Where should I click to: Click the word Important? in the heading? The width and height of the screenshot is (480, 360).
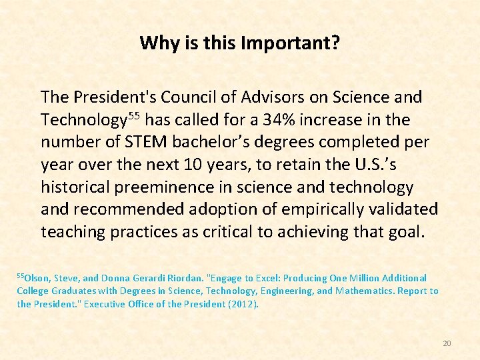(299, 44)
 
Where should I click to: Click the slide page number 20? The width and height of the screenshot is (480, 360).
(447, 343)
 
